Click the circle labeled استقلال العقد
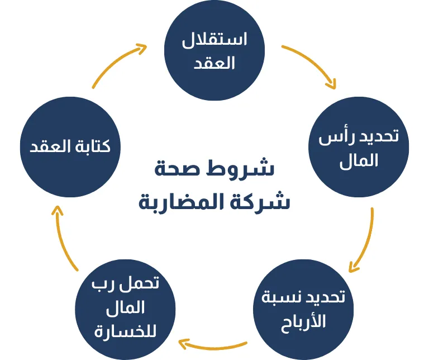click(214, 51)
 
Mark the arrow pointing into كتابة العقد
click(63, 240)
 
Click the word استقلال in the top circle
click(215, 41)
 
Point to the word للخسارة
click(126, 331)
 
